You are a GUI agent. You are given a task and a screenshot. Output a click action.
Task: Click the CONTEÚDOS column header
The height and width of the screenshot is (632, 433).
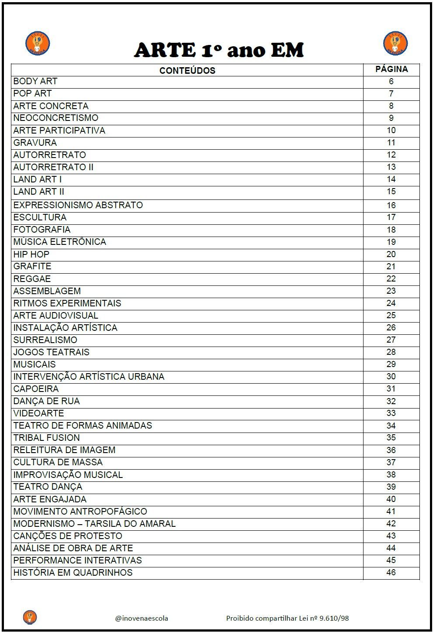pos(187,70)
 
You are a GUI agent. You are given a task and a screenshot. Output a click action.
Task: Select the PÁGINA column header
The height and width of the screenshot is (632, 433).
pos(391,69)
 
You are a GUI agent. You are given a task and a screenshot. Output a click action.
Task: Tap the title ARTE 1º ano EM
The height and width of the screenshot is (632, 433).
pos(218,50)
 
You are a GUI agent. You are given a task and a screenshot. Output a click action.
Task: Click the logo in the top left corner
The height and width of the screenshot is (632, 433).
pos(37,44)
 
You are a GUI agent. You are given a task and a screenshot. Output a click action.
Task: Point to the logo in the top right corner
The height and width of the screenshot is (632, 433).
pos(395,44)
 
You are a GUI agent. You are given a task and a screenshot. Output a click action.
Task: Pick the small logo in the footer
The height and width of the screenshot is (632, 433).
pos(30,617)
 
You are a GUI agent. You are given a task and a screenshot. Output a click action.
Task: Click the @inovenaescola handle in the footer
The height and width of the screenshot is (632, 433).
pos(142,618)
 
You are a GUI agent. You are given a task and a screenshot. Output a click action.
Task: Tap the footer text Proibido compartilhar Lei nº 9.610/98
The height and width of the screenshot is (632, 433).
pos(287,618)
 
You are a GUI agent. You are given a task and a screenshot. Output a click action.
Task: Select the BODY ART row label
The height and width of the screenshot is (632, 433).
pos(35,81)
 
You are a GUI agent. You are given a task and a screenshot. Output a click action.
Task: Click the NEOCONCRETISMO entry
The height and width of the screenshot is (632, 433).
pos(56,118)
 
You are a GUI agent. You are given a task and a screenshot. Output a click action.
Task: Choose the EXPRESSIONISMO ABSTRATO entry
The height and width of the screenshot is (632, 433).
pos(78,205)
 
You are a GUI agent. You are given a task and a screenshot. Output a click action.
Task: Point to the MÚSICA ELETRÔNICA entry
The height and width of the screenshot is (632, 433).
pos(60,242)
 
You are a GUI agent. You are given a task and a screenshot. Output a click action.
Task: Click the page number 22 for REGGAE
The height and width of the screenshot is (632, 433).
pos(391,278)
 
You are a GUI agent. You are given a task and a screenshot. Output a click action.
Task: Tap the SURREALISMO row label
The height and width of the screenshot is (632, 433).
pos(45,340)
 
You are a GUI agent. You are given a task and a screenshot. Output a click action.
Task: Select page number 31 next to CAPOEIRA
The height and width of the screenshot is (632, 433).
pos(391,388)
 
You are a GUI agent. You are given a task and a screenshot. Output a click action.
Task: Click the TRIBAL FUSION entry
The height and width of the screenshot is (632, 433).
pos(47,437)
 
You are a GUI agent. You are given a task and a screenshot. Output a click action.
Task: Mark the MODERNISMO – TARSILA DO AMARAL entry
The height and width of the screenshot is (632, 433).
pos(94,523)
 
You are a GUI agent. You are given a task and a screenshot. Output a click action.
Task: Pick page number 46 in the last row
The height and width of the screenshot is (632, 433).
pos(391,572)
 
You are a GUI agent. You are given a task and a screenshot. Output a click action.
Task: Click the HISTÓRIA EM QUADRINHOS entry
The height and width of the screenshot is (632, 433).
pos(73,572)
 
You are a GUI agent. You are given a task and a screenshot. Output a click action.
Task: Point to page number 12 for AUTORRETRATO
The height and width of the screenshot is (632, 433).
pos(391,155)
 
